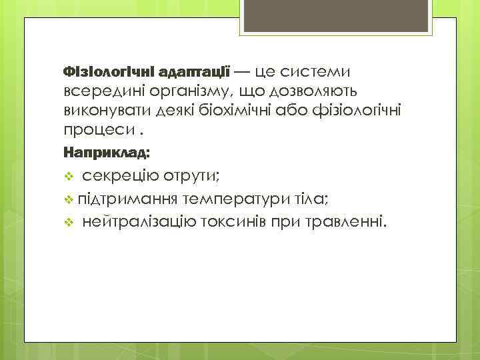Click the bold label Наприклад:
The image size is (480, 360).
point(106,153)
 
